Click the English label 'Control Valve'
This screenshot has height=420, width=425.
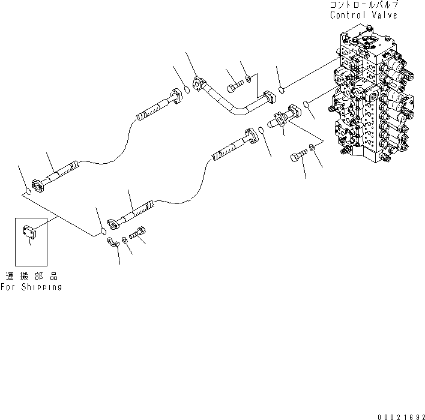click(363, 14)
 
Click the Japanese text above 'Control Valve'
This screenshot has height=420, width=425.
click(363, 5)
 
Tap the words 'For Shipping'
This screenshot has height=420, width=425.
click(31, 287)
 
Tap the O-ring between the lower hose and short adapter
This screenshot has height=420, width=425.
click(261, 130)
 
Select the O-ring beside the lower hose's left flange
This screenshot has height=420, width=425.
click(103, 230)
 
